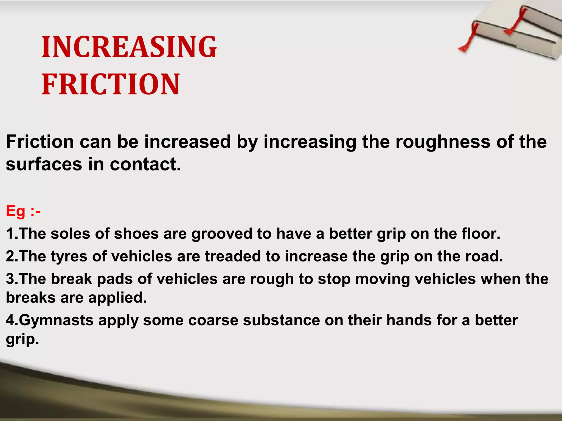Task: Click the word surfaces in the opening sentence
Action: pyautogui.click(x=44, y=164)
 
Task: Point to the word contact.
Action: pyautogui.click(x=145, y=164)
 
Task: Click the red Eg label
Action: pyautogui.click(x=16, y=211)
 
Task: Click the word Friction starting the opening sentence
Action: pyautogui.click(x=40, y=142)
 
